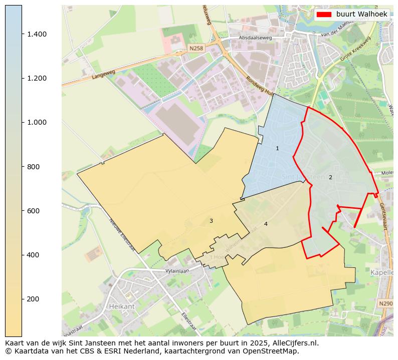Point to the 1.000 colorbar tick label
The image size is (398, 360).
pyautogui.click(x=37, y=122)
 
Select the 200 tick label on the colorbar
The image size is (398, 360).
pyautogui.click(x=34, y=299)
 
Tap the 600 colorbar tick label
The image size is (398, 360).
pyautogui.click(x=34, y=211)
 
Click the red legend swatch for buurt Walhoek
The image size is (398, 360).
pyautogui.click(x=324, y=15)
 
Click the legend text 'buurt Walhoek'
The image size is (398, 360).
pyautogui.click(x=361, y=15)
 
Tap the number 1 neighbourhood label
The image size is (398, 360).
pyautogui.click(x=277, y=149)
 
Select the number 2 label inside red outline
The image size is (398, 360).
pyautogui.click(x=330, y=177)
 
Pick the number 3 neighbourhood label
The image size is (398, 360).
pyautogui.click(x=211, y=221)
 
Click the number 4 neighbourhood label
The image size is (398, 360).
pyautogui.click(x=266, y=224)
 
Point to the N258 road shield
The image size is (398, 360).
pyautogui.click(x=196, y=48)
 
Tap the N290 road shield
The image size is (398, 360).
pyautogui.click(x=385, y=303)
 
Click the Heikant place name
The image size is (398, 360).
pyautogui.click(x=122, y=305)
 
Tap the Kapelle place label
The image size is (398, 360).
pyautogui.click(x=382, y=272)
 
